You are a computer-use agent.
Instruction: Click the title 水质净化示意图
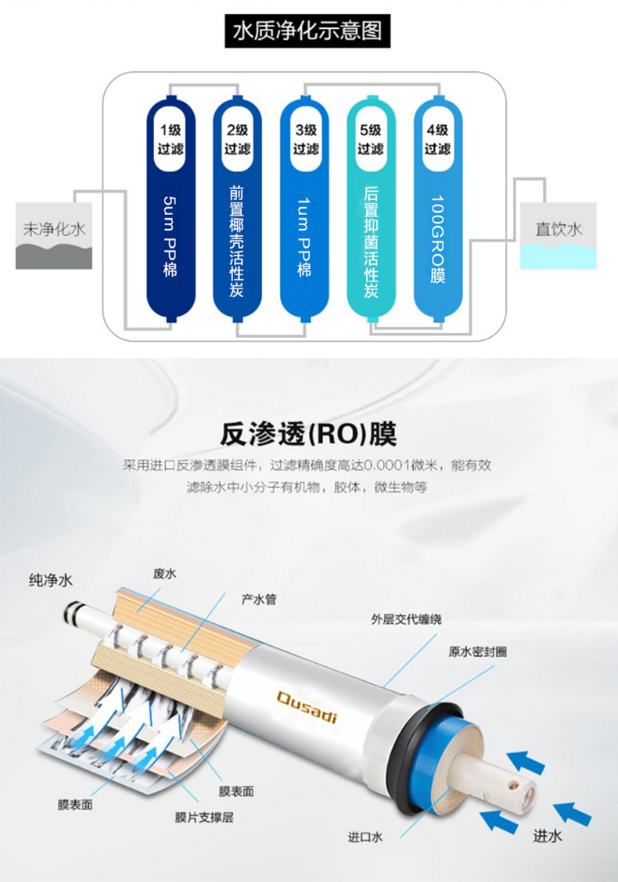307,30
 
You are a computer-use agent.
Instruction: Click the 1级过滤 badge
171,138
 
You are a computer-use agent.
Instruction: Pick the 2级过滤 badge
237,138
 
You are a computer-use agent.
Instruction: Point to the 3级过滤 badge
305,138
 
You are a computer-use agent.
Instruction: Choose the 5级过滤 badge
371,138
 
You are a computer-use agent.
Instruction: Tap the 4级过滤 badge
437,138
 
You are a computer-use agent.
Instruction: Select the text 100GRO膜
437,238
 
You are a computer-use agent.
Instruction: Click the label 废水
164,574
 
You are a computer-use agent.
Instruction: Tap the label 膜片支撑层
203,819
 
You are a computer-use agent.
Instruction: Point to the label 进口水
365,837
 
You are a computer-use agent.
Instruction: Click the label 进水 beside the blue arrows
548,836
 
